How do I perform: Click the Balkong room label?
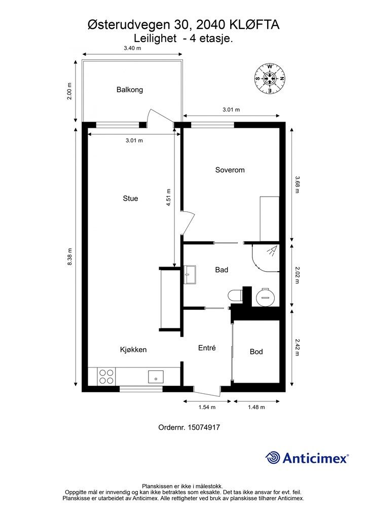coord(130,90)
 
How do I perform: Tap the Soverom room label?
coord(230,170)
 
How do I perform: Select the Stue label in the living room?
coord(130,198)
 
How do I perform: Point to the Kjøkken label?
coord(133,350)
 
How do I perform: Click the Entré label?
coord(207,348)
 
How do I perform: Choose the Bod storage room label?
coord(256,352)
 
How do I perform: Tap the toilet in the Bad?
coord(235,295)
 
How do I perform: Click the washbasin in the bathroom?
coord(190,274)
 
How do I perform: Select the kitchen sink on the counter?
coord(156,377)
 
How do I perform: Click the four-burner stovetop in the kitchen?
coord(106,377)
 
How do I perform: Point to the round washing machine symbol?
coord(265,297)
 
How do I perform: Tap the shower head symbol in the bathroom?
coord(272,251)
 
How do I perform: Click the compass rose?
coord(270,79)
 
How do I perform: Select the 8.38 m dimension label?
coord(69,256)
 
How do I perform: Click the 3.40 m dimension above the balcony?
coord(132,48)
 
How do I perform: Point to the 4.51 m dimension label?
coord(168,198)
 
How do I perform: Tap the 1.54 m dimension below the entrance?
coord(207,407)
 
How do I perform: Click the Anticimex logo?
coord(307,458)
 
